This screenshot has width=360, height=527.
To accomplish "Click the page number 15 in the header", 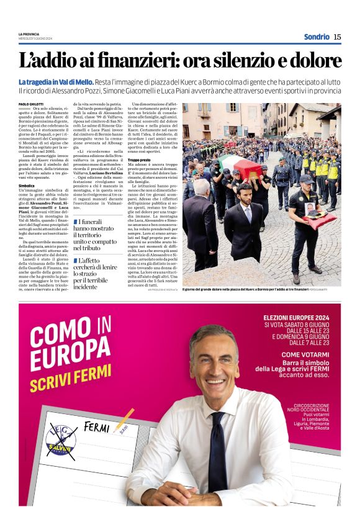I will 337,37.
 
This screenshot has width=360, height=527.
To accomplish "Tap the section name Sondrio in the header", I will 317,37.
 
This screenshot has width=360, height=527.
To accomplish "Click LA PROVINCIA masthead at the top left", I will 29,34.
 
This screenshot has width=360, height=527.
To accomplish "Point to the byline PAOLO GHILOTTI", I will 31,104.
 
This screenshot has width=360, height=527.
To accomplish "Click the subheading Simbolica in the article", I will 27,186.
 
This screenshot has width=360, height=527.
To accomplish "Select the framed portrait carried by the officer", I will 310,209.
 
